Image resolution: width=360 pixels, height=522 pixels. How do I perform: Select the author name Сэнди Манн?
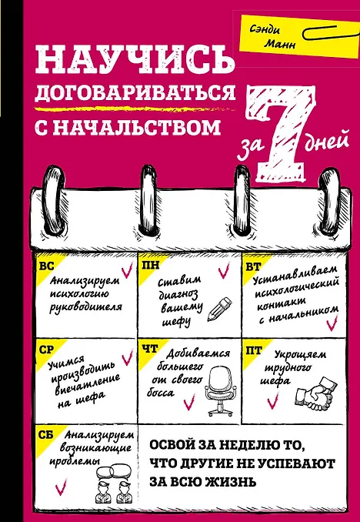pos(274,37)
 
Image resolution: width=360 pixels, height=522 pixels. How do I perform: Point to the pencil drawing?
pos(219,309)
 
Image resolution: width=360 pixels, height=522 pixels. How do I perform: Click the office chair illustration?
pos(220,393)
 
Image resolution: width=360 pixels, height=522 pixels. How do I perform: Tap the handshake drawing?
pos(315,394)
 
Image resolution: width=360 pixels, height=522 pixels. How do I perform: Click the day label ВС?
pos(46,267)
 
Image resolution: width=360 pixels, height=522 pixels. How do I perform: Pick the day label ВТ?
pos(253,267)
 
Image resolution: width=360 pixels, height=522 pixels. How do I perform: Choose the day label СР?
pos(46,350)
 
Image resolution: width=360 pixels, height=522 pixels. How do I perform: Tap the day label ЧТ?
pos(150,349)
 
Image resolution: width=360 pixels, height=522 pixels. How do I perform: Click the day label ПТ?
pos(254,350)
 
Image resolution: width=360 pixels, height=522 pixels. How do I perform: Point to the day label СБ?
pos(47,435)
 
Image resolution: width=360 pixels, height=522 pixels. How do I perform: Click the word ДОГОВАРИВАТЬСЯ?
pos(135,93)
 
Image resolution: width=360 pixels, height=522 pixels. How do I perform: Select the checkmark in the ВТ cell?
pos(332,323)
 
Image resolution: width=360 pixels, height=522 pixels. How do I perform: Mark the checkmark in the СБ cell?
pos(62,487)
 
